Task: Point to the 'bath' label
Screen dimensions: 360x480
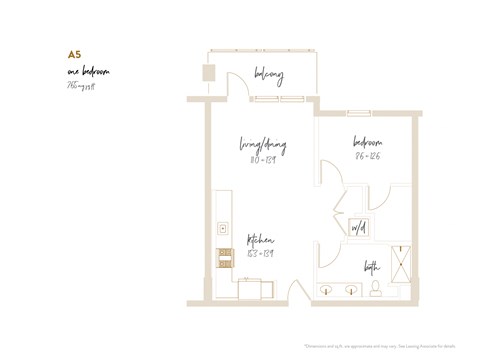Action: coord(372,265)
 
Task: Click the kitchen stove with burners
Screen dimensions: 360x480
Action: coord(225,257)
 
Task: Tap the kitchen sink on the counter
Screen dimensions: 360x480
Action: coord(222,228)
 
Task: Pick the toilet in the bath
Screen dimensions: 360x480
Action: coord(375,288)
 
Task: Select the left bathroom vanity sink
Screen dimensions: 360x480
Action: coord(327,290)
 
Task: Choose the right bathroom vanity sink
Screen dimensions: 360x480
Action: coord(352,290)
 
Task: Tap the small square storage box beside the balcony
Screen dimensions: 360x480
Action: coord(209,73)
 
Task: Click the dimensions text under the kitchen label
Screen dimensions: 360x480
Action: coord(261,254)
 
